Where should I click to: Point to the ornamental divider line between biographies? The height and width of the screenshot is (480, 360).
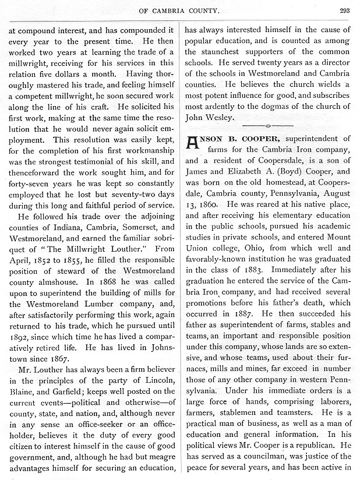267,125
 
